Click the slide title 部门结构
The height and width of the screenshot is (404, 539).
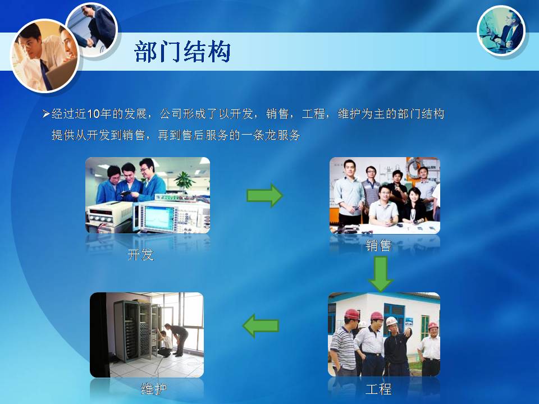point(182,52)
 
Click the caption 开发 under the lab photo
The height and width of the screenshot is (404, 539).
point(140,255)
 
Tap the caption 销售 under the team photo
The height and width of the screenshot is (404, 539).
point(378,245)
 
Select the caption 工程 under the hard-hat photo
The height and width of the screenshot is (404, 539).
point(378,389)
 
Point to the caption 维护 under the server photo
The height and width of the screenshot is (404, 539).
point(154,388)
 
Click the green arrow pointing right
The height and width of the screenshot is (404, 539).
point(264,195)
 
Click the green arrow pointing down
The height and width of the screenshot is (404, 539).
point(381,274)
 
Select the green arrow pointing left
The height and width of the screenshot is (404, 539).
point(261,325)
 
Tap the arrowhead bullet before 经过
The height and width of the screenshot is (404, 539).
point(46,114)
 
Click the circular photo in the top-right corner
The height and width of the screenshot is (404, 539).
point(501,30)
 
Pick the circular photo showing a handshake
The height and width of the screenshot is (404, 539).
point(92,29)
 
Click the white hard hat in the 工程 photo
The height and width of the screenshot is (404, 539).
point(391,321)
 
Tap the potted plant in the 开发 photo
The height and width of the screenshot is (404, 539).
point(184,180)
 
